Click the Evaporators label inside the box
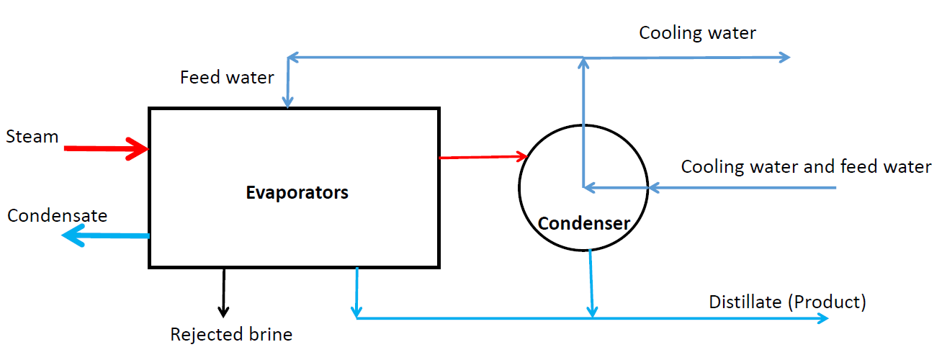tap(297, 193)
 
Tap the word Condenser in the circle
tap(583, 223)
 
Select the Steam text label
tap(32, 137)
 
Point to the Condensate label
tap(57, 215)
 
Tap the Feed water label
tap(227, 77)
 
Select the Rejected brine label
tap(231, 334)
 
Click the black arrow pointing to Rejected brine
tap(224, 292)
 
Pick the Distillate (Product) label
tap(787, 302)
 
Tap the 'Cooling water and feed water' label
tap(806, 167)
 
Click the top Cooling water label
tap(697, 33)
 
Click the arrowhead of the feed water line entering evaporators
tap(287, 103)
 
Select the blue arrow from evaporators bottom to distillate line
tap(356, 292)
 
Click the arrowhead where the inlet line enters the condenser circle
tap(652, 188)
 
